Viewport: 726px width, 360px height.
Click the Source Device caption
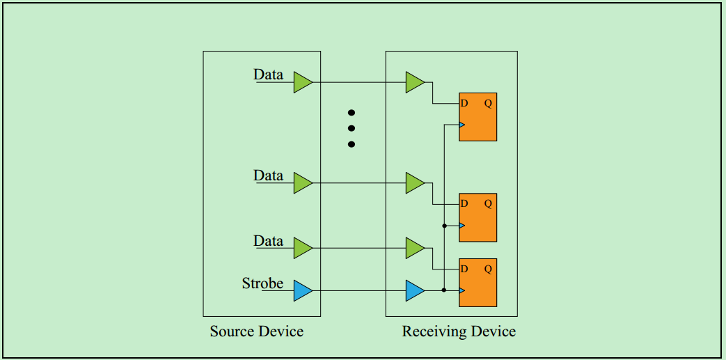point(257,331)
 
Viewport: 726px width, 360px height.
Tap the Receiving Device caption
point(459,331)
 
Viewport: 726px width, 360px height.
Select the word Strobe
point(262,283)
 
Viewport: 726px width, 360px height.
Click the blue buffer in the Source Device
point(302,290)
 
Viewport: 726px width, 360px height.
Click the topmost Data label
point(268,75)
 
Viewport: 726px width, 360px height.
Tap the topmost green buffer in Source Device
point(302,82)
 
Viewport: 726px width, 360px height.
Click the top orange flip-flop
point(478,117)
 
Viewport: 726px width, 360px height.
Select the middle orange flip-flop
point(478,217)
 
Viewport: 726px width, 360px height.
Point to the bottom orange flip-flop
point(478,282)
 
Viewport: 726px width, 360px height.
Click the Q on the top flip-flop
point(488,104)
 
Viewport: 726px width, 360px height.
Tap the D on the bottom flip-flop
point(464,269)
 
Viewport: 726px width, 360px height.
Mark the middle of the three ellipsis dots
point(352,128)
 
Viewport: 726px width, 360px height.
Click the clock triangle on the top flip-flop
point(461,125)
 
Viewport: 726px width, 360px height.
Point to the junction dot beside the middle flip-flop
point(444,226)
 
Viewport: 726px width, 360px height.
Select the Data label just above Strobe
point(268,241)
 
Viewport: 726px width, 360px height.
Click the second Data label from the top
point(268,175)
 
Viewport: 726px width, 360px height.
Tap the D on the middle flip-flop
point(464,204)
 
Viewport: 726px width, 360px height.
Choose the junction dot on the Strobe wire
point(444,290)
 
